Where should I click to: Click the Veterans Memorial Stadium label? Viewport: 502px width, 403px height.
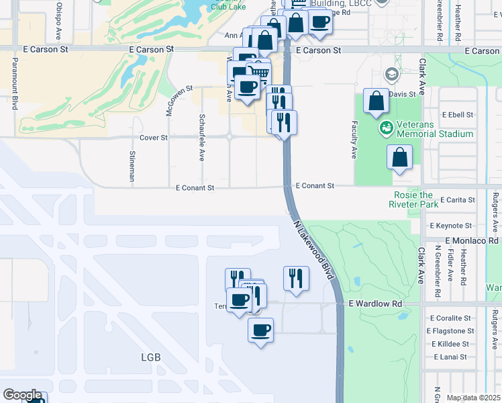tap(435, 128)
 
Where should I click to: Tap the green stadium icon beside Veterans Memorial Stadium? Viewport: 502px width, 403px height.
tap(386, 127)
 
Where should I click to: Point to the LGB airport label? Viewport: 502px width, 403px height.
tap(151, 357)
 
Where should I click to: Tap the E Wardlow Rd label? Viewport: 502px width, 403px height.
tap(375, 304)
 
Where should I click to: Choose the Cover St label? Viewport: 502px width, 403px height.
tap(153, 137)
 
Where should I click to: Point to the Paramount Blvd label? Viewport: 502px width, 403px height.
tap(14, 83)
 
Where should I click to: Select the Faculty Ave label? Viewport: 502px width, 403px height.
tap(354, 140)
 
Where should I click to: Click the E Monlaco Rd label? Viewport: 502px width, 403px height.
tap(472, 240)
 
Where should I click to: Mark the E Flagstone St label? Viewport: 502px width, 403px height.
tap(451, 330)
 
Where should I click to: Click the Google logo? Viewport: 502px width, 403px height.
tap(21, 395)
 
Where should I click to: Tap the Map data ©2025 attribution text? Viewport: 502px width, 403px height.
tap(474, 398)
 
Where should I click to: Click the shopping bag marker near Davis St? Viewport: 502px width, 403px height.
tap(376, 101)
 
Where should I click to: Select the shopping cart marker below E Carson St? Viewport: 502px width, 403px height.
tap(259, 73)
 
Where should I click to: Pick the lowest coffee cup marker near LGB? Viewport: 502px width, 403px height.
tap(260, 330)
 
